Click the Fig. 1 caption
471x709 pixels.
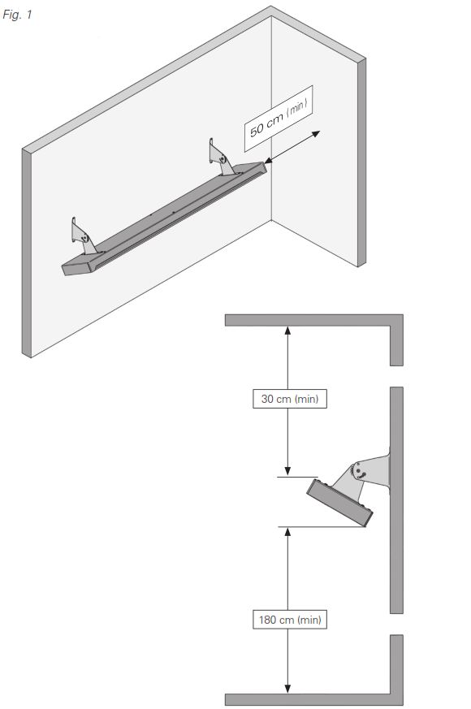coord(17,15)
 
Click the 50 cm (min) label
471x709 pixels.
coord(279,119)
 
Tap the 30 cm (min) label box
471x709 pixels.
coord(290,399)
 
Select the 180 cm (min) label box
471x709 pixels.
coord(290,619)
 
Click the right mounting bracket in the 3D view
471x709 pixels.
coord(221,158)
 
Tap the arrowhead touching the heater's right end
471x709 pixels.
coord(269,159)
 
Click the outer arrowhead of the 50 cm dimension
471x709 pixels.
coord(316,134)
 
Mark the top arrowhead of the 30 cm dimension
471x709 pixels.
coord(287,331)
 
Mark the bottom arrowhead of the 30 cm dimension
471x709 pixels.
coord(287,472)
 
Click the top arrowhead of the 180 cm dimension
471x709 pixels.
coord(287,532)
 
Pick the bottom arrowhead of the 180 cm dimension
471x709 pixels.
coord(287,689)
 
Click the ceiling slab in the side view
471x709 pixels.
coord(313,320)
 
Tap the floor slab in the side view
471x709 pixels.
coord(313,699)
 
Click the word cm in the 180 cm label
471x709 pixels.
coord(287,620)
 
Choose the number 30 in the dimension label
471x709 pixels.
coord(267,399)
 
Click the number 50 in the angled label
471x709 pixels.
coord(257,130)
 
